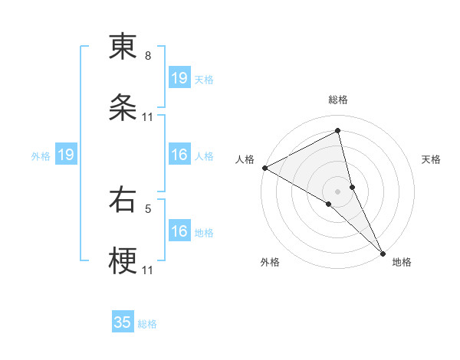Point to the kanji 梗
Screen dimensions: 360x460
click(x=123, y=261)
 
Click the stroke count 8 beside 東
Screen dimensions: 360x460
click(x=148, y=56)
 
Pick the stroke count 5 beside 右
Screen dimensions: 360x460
click(x=148, y=208)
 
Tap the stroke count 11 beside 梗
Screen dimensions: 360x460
click(x=148, y=270)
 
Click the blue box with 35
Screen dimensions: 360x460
click(x=123, y=322)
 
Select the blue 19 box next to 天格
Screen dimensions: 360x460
click(x=179, y=78)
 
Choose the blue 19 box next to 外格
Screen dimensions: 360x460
click(x=66, y=155)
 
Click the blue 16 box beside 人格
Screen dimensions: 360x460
click(x=179, y=155)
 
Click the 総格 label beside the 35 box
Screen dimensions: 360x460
click(x=147, y=324)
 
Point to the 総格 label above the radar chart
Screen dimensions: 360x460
click(x=338, y=100)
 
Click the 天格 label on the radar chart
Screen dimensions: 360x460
click(x=432, y=159)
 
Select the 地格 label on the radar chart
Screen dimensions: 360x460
click(x=402, y=262)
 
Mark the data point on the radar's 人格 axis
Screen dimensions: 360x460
click(x=264, y=168)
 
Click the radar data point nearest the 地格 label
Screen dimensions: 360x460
click(x=383, y=252)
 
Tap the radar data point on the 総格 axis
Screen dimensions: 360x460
click(x=338, y=130)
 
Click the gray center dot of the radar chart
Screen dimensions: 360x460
click(x=338, y=191)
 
